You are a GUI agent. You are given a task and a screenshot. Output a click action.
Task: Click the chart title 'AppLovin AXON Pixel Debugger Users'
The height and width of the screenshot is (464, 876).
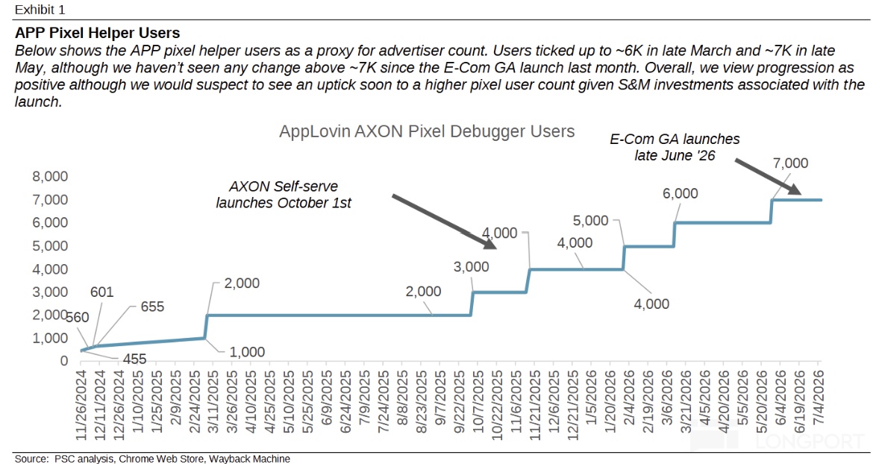click(427, 131)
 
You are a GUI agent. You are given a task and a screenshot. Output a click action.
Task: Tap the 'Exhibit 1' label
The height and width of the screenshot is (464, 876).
click(40, 10)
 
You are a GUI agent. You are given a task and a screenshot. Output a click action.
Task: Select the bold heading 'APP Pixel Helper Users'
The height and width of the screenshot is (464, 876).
click(97, 33)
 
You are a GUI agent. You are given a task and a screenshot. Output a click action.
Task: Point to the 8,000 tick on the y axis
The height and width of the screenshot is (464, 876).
click(50, 177)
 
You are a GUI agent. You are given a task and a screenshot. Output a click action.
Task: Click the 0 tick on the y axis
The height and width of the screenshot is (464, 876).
click(64, 361)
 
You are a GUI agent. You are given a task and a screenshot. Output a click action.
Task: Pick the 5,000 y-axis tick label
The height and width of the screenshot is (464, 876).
click(50, 245)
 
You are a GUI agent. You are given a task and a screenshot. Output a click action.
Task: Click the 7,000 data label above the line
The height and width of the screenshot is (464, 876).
click(790, 163)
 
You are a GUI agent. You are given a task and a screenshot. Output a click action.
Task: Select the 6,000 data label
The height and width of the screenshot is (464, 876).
click(681, 193)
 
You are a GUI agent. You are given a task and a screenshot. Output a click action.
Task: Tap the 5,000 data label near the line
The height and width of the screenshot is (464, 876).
click(590, 221)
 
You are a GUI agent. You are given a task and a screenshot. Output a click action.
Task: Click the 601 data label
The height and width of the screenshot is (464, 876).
click(101, 292)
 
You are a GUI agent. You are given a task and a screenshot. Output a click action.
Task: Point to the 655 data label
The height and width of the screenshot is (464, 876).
click(152, 307)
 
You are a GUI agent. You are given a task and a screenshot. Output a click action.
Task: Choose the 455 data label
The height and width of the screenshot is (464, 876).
click(134, 359)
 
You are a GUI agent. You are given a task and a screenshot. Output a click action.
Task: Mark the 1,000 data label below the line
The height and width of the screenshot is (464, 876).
click(247, 352)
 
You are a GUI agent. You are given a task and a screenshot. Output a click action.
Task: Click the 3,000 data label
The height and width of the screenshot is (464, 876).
click(471, 267)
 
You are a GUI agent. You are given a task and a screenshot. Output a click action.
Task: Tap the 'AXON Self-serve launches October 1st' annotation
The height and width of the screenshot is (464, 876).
click(284, 194)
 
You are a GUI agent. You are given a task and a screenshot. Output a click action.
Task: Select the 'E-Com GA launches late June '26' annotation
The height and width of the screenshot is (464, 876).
click(675, 147)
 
